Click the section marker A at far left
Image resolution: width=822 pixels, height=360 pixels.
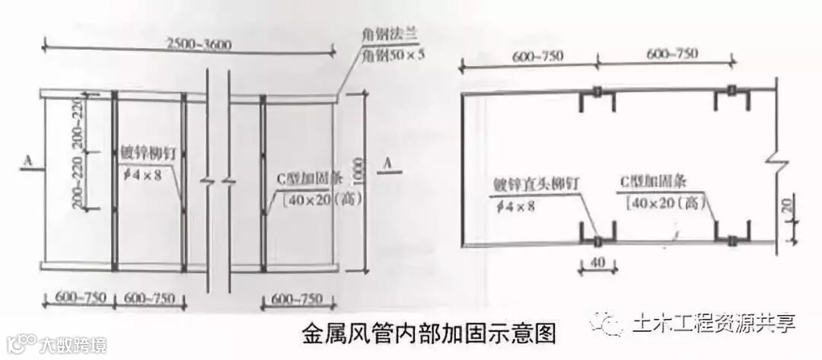point(27,161)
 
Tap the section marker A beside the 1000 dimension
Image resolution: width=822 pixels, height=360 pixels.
point(388,162)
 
